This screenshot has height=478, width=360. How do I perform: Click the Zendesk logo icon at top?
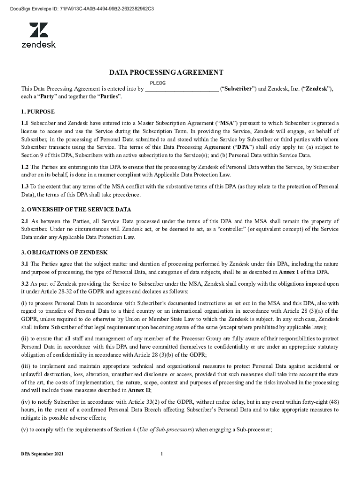[x=39, y=30]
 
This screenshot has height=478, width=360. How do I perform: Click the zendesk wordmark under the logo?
[x=39, y=44]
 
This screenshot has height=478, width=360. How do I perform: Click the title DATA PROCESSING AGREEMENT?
[x=166, y=73]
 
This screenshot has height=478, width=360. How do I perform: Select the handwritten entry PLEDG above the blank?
[x=158, y=83]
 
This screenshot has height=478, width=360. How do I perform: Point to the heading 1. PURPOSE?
[x=38, y=112]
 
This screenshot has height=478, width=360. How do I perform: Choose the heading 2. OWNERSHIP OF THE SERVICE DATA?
[x=76, y=209]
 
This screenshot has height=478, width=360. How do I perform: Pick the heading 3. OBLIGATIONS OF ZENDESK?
[x=65, y=252]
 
